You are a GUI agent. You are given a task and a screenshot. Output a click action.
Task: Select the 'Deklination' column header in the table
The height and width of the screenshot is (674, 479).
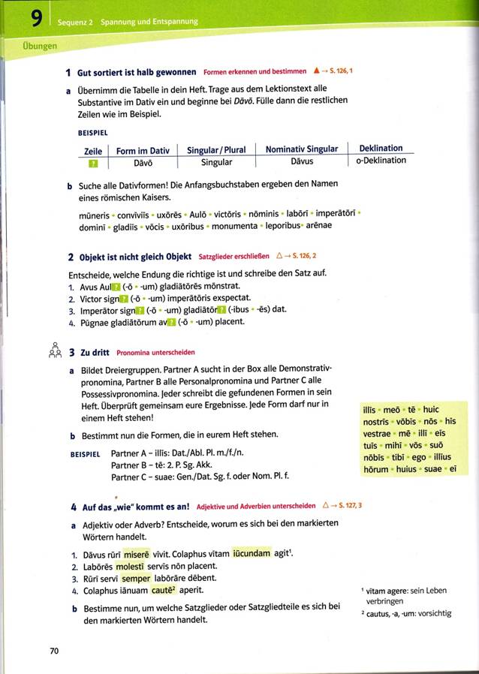point(381,149)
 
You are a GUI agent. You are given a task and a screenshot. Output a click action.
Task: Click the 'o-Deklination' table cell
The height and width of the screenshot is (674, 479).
point(381,161)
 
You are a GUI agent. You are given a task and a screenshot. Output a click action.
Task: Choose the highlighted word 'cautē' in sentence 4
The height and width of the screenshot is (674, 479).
point(172,591)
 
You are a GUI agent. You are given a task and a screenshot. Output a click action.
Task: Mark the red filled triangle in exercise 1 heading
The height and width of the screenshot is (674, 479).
point(316,72)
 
